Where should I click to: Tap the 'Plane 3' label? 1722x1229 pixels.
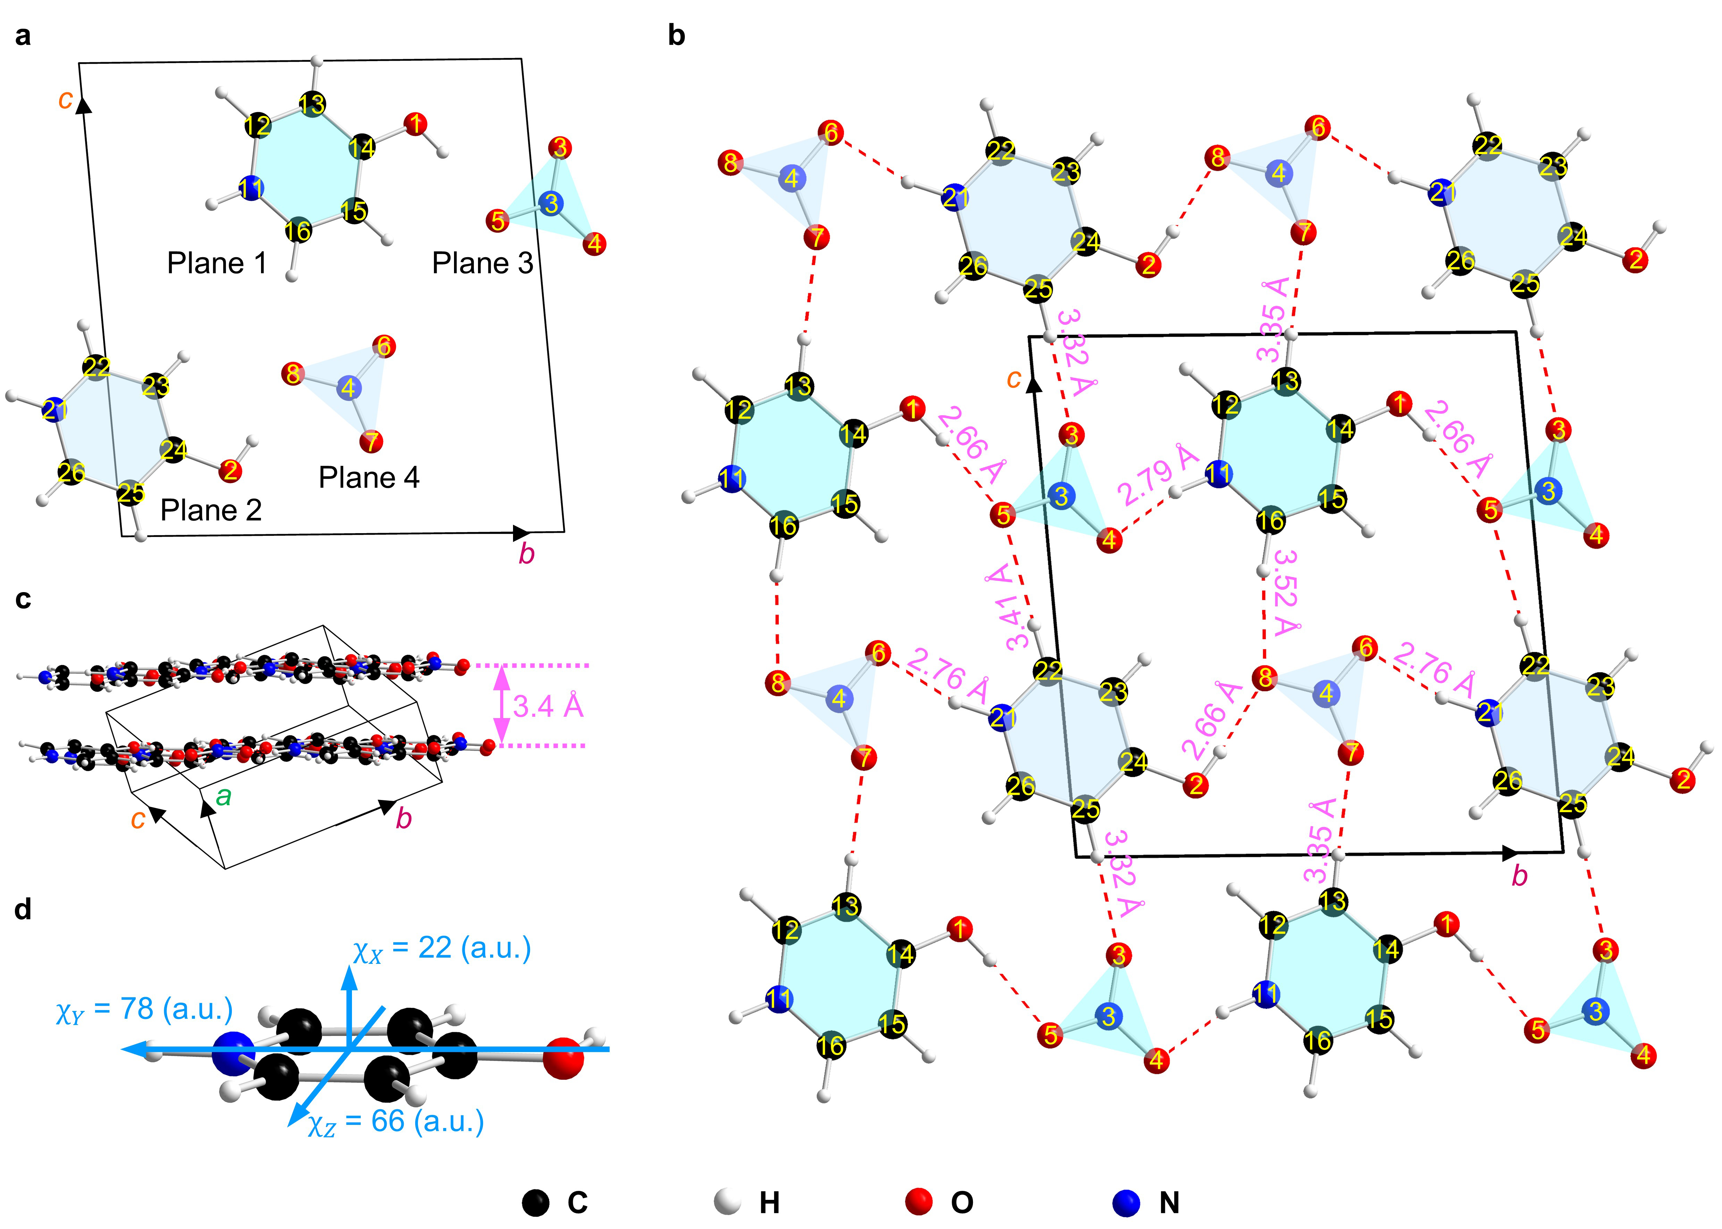coord(482,263)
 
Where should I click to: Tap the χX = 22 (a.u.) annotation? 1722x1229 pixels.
coord(442,949)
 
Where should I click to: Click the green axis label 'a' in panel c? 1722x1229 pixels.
coord(223,796)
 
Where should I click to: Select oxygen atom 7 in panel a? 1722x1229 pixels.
coord(371,441)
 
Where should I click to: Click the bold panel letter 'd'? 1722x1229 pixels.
coord(24,909)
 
